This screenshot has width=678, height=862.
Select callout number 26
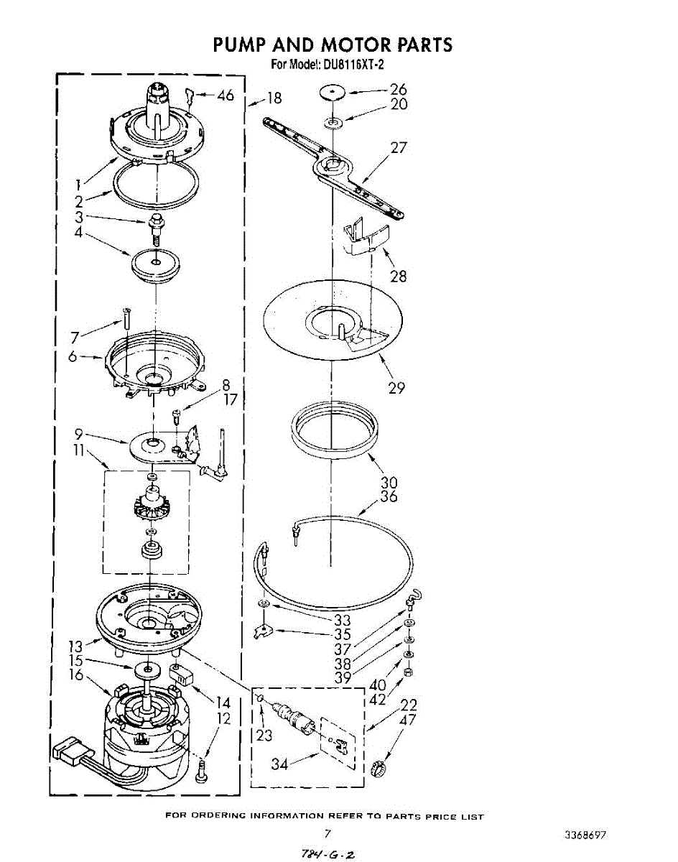[x=398, y=90]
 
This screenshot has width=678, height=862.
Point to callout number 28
[x=398, y=276]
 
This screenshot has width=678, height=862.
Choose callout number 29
[x=396, y=388]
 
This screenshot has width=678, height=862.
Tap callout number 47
[x=407, y=719]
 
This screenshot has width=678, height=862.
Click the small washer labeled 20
[x=333, y=122]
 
